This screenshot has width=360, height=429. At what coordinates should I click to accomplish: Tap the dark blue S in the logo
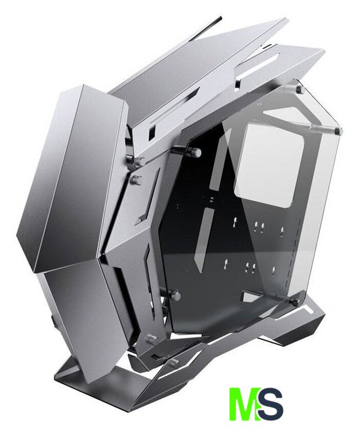[x=269, y=406]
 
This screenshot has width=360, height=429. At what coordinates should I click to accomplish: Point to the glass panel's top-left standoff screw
[x=195, y=152]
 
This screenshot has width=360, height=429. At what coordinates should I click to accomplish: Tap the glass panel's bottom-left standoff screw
[x=175, y=295]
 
